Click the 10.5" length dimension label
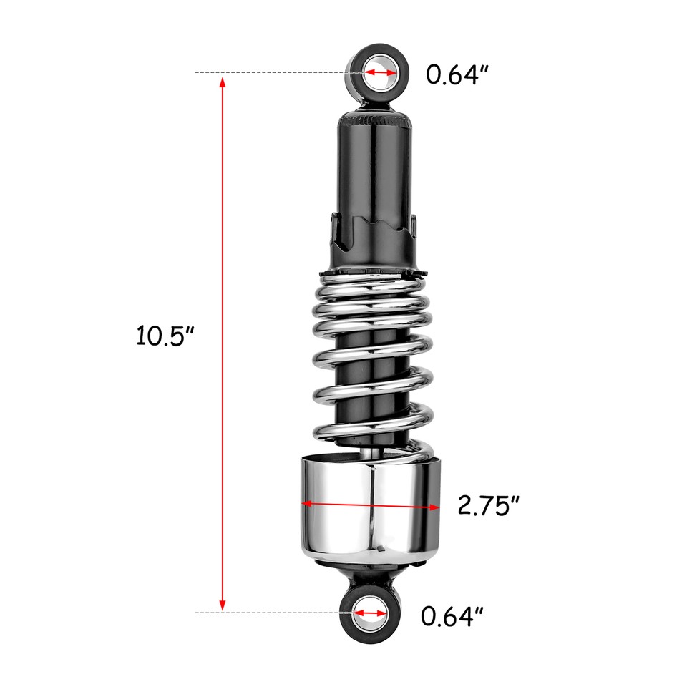tap(165, 335)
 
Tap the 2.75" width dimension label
tap(488, 505)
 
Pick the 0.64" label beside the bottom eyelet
tap(452, 615)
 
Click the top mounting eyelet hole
tap(380, 72)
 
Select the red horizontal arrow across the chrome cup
tap(371, 505)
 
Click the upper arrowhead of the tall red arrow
tap(223, 82)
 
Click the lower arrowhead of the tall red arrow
tap(223, 604)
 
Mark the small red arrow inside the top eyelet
tap(380, 73)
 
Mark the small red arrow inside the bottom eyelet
tap(370, 613)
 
